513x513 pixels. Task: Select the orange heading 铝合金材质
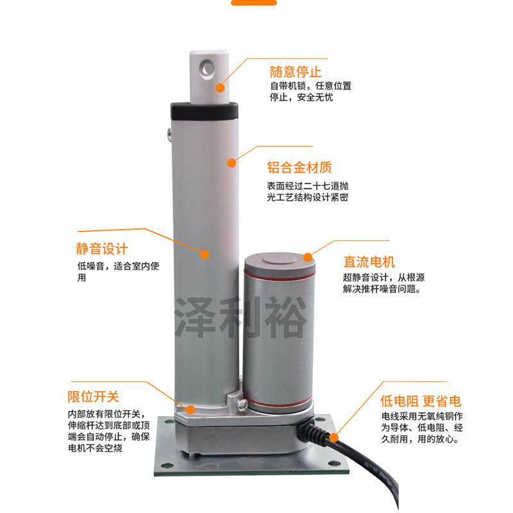[x=299, y=169]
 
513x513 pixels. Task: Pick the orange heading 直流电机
[x=369, y=262]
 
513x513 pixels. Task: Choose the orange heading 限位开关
[x=94, y=397]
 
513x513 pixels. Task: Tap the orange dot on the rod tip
[x=220, y=88]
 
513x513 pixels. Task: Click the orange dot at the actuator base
[x=190, y=408]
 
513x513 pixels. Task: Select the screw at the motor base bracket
[x=242, y=405]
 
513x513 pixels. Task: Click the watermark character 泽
[x=196, y=317]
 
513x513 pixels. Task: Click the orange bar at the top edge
[x=254, y=3]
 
